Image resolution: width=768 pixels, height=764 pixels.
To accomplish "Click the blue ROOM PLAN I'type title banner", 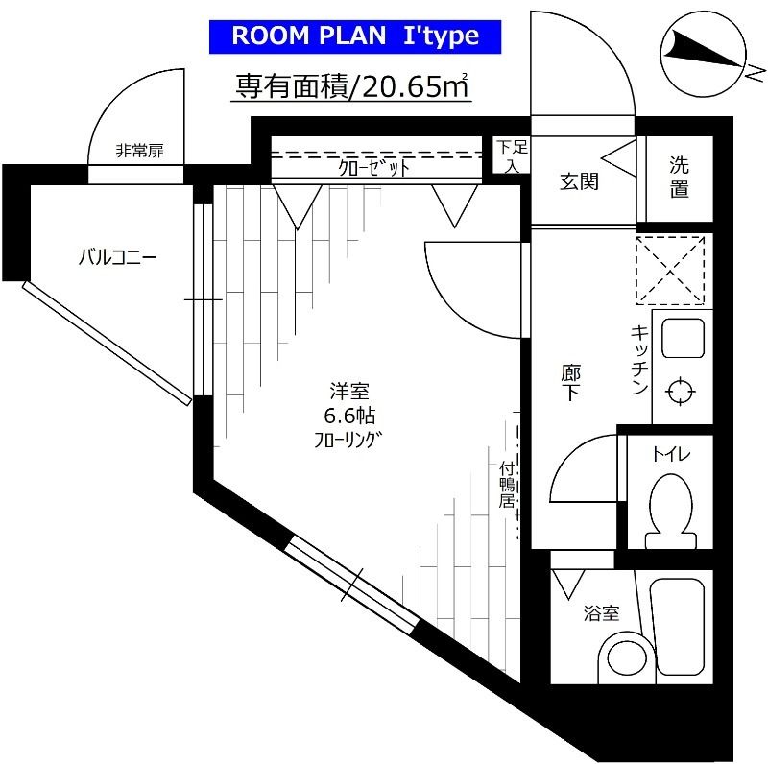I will coord(353,36).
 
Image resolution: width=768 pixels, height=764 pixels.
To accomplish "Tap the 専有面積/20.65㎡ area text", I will coord(352,86).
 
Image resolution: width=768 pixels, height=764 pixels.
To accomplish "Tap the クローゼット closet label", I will coord(374,167).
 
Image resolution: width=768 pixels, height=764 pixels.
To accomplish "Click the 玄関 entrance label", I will coord(580,179).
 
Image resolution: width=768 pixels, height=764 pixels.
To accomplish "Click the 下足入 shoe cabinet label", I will coord(512,155).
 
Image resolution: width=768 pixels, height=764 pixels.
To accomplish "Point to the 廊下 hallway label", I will coord(570,382).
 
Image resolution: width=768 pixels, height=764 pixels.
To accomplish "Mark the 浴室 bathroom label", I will coord(602,612).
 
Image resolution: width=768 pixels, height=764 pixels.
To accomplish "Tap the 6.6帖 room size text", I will coord(348,416).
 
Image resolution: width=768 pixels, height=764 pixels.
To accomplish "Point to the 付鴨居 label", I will coord(507,484).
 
